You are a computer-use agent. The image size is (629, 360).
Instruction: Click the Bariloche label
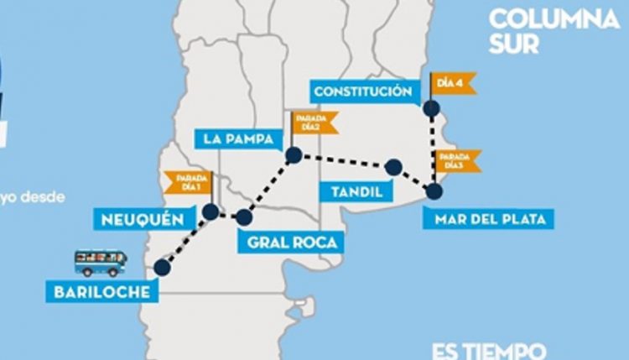click(99, 292)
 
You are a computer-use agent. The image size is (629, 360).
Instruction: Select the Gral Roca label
click(292, 243)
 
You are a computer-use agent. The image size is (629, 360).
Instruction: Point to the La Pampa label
click(239, 138)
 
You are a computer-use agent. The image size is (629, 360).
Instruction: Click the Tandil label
click(356, 192)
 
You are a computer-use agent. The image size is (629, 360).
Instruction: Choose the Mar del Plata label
click(490, 220)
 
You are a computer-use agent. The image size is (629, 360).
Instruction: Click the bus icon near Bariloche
click(100, 263)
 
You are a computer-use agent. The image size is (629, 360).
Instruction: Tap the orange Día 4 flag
click(453, 83)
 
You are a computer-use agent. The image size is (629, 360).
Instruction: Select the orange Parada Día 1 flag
click(186, 182)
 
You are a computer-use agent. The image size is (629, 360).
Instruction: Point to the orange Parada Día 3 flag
click(458, 160)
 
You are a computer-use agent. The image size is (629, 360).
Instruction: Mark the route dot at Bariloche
click(163, 267)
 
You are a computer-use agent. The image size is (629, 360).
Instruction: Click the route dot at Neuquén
click(211, 211)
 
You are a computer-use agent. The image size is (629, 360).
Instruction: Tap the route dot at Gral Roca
click(243, 217)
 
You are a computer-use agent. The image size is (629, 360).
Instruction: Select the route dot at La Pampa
click(294, 154)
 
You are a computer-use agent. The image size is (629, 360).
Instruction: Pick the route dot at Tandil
click(392, 167)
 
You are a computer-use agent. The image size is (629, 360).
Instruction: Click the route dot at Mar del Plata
click(434, 191)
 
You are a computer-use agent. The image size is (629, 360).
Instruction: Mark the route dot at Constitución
click(431, 107)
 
